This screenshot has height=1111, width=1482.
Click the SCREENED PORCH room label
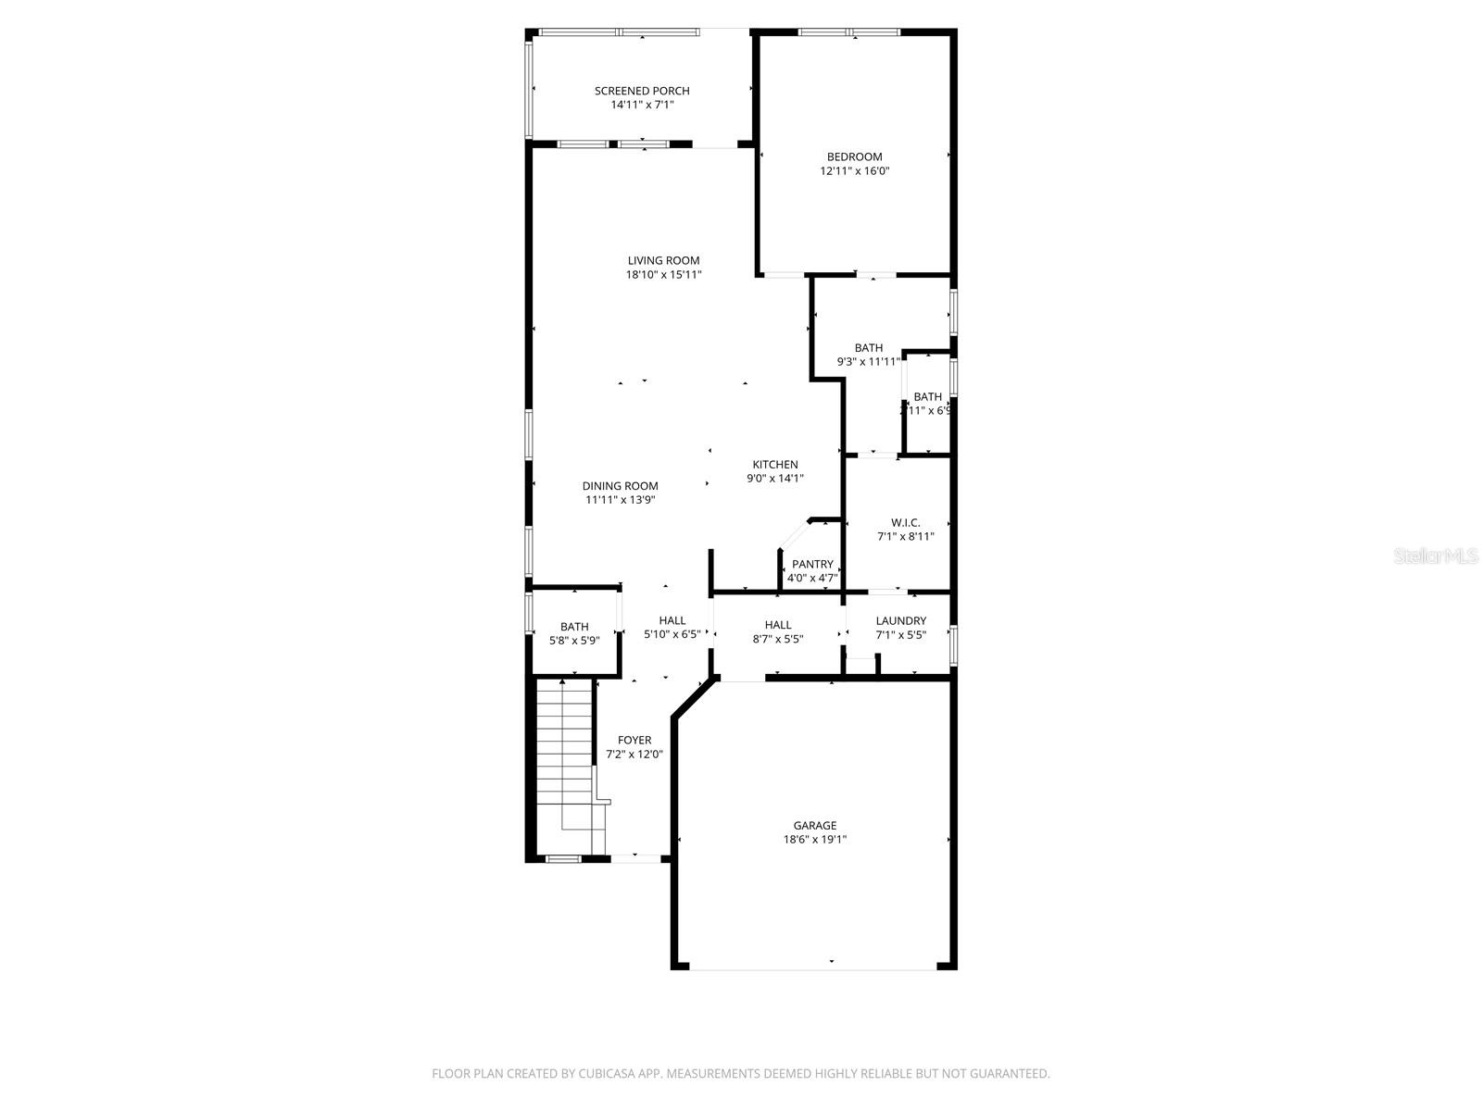point(642,91)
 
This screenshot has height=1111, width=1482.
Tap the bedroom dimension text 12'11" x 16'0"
point(854,171)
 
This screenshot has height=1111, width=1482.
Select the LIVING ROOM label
point(663,261)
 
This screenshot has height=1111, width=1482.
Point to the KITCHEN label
point(774,465)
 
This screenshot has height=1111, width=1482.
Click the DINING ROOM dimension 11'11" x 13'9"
point(621,500)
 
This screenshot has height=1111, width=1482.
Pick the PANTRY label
point(812,565)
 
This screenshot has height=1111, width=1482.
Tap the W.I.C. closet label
point(905,523)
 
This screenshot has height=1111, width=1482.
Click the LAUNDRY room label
point(900,621)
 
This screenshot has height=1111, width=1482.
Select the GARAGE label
point(814,826)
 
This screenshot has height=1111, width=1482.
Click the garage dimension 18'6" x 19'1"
point(814,840)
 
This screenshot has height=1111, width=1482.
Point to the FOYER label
point(634,741)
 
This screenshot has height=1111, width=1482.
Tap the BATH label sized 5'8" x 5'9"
point(574,627)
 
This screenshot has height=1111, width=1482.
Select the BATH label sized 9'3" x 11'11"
point(868,348)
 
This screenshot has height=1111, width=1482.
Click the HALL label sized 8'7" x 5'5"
point(778,625)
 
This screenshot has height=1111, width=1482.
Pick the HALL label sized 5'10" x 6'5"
point(672,620)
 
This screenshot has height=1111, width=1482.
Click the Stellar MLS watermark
point(1437,555)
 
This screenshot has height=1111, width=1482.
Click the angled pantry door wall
point(795,535)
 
